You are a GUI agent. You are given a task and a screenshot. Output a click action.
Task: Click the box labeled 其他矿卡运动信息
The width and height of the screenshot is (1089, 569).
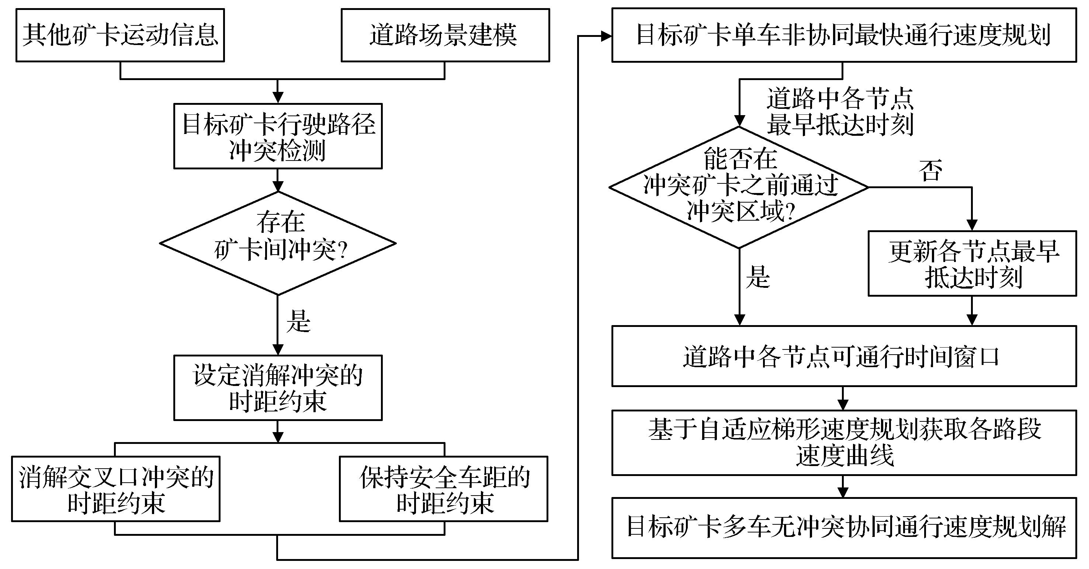(120, 35)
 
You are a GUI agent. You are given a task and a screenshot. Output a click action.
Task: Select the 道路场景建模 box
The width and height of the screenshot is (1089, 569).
(445, 35)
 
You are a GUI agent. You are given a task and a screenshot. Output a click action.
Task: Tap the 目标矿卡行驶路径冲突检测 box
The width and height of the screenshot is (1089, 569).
(278, 136)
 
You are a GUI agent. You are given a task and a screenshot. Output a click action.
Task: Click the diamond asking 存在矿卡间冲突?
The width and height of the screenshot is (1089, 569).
(278, 243)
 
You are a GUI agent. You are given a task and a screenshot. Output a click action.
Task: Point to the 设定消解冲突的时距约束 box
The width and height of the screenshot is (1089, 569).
(278, 387)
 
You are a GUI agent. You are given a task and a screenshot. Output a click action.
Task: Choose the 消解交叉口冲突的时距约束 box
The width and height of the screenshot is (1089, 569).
(115, 489)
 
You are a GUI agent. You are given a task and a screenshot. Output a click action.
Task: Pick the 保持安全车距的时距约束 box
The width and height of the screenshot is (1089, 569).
(444, 489)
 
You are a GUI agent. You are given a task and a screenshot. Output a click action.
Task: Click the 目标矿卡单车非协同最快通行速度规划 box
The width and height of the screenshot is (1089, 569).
(844, 35)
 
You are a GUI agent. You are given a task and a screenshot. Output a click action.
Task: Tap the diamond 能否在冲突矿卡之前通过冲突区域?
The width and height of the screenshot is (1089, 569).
(739, 187)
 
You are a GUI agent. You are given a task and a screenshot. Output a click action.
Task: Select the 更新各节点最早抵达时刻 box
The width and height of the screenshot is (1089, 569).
(972, 263)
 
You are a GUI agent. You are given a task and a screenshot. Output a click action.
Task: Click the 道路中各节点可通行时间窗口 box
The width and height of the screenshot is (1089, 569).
(844, 356)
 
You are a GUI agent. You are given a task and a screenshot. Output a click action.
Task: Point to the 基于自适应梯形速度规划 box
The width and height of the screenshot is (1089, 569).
(844, 442)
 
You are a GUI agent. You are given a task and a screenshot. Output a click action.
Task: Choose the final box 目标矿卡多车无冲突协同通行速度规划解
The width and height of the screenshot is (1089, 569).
(844, 528)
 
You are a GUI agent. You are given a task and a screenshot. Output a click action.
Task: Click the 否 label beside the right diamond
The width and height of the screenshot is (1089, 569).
(930, 170)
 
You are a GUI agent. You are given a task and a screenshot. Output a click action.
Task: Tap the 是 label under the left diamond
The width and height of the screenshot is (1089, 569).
(298, 321)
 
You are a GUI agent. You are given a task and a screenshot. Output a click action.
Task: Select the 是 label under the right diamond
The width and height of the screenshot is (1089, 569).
(757, 277)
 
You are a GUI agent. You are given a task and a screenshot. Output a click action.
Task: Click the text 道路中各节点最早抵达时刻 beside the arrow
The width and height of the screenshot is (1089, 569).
(840, 112)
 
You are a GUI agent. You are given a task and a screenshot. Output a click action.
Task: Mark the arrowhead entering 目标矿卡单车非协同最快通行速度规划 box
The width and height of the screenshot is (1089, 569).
(606, 37)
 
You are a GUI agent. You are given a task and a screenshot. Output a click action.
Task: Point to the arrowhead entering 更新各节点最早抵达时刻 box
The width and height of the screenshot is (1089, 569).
(972, 225)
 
